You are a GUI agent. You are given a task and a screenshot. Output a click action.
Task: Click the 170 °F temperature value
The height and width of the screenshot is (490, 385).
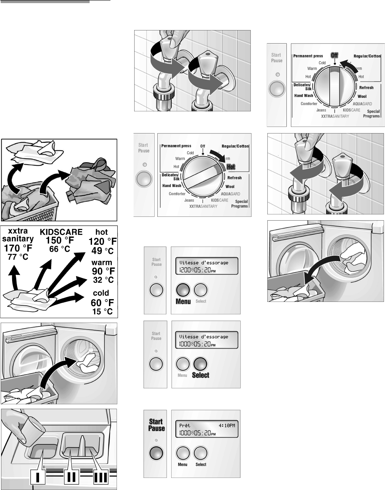18,248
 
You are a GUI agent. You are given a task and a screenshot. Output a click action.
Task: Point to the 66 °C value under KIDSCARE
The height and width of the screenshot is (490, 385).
59,249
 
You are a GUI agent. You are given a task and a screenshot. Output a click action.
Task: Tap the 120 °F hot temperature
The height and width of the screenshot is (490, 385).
103,241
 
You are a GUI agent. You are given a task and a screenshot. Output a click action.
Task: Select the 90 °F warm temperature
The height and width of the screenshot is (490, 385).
103,271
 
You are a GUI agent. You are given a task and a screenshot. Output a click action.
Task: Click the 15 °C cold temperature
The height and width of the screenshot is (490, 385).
102,311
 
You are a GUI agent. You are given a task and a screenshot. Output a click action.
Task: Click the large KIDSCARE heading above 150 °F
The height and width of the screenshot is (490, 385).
61,232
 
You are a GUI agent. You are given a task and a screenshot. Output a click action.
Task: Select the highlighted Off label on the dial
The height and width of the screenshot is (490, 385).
334,55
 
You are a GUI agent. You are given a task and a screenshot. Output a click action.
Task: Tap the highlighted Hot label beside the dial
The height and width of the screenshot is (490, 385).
231,167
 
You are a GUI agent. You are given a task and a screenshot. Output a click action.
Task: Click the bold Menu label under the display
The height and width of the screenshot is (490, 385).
183,302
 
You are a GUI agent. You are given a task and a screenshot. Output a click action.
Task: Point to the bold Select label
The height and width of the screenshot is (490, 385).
201,375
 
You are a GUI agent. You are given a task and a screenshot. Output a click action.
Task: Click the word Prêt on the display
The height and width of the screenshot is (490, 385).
185,425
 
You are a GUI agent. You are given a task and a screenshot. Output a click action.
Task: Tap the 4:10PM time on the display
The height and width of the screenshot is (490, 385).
227,425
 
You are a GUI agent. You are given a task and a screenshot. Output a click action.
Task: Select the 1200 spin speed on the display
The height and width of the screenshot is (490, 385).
183,271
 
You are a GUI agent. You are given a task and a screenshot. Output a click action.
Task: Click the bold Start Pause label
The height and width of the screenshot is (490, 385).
156,425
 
